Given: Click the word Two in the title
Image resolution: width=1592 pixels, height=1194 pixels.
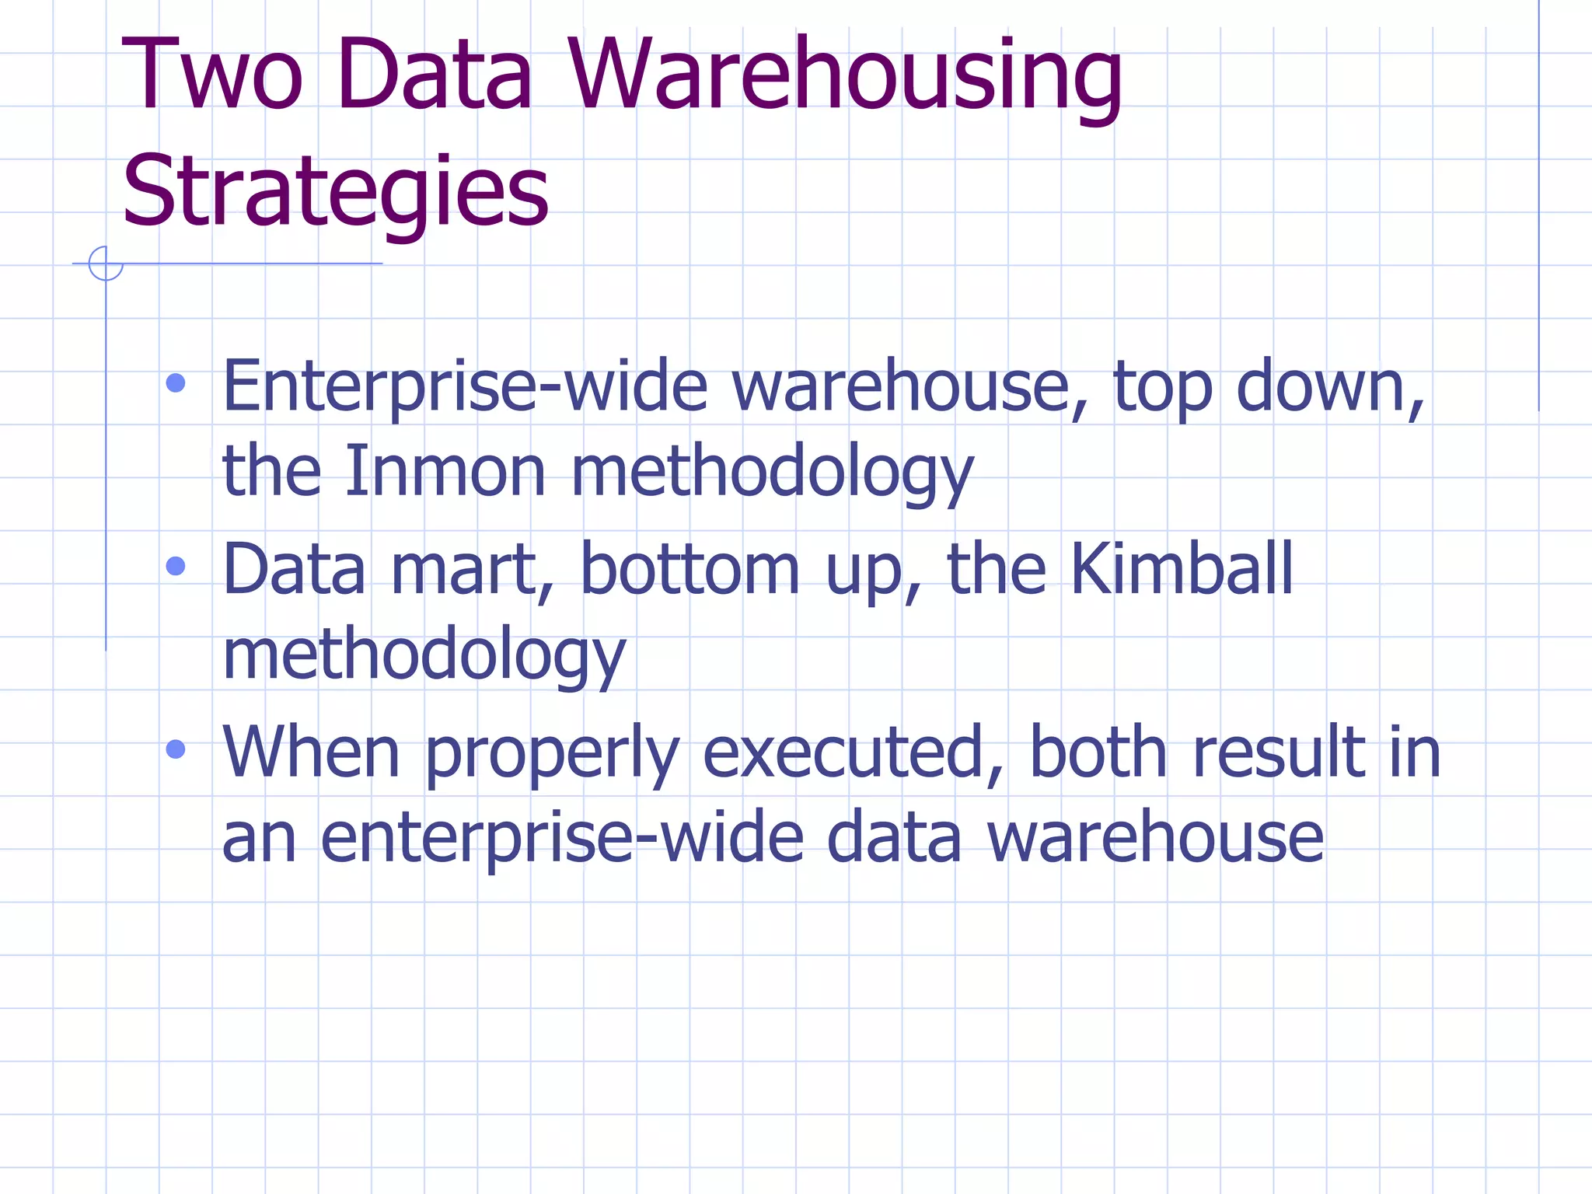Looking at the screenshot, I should tap(211, 75).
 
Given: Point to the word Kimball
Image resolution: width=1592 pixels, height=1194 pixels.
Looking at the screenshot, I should tap(1182, 569).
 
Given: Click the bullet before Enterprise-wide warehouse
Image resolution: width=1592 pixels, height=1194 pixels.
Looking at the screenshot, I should tap(176, 383).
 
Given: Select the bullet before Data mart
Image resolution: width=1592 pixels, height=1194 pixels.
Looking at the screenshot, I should tap(176, 566).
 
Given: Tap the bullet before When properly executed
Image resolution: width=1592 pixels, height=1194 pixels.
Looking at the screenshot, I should tap(176, 749).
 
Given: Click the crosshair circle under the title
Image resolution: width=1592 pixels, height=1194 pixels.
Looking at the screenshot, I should tap(106, 264).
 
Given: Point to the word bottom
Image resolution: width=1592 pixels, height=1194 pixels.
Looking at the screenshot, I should tap(690, 569).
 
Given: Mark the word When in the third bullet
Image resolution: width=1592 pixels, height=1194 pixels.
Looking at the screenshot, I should tap(311, 752).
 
